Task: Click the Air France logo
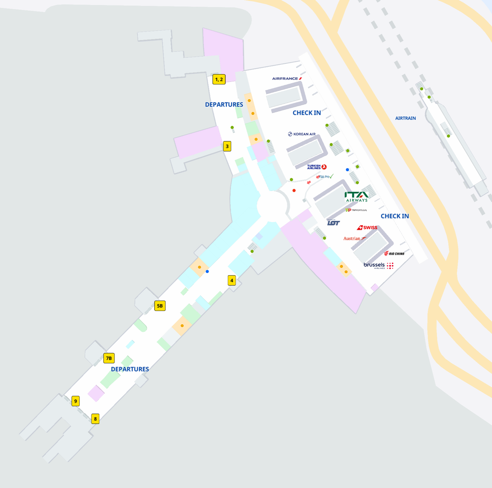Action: pyautogui.click(x=287, y=78)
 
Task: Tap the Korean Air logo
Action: pyautogui.click(x=302, y=134)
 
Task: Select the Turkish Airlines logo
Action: pyautogui.click(x=317, y=167)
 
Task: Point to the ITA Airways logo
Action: pyautogui.click(x=356, y=197)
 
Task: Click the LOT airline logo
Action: pyautogui.click(x=333, y=222)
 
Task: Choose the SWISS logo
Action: pyautogui.click(x=367, y=227)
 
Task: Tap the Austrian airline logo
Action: pyautogui.click(x=355, y=238)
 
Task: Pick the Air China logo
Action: pyautogui.click(x=394, y=254)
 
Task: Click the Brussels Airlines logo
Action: pyautogui.click(x=378, y=266)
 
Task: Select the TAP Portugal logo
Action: pyautogui.click(x=356, y=210)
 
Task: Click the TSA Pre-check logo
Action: pyautogui.click(x=325, y=177)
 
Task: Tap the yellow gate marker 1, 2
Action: pyautogui.click(x=219, y=79)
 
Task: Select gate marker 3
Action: pyautogui.click(x=227, y=146)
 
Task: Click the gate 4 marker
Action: pyautogui.click(x=232, y=281)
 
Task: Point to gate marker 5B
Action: pyautogui.click(x=160, y=306)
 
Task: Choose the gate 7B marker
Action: pyautogui.click(x=109, y=358)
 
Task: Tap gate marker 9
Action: pyautogui.click(x=75, y=401)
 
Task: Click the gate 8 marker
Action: pyautogui.click(x=96, y=419)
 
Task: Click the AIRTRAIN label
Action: pyautogui.click(x=405, y=118)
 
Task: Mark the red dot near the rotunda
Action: pyautogui.click(x=294, y=191)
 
